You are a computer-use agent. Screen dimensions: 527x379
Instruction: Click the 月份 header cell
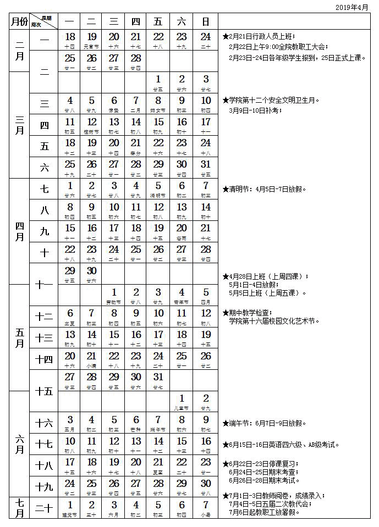(x=19, y=22)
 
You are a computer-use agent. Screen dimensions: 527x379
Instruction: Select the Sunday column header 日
(x=206, y=22)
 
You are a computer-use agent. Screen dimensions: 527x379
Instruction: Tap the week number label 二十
(x=45, y=508)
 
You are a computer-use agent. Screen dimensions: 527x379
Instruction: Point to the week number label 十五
(x=45, y=391)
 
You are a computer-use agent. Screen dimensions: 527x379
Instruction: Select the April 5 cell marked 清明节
(x=158, y=189)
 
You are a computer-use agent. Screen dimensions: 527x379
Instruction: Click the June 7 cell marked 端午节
(x=158, y=423)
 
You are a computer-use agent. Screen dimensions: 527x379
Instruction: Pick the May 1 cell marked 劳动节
(x=114, y=296)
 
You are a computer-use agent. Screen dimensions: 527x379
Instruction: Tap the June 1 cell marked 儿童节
(x=182, y=402)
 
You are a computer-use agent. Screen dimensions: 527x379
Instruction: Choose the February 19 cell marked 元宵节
(x=92, y=40)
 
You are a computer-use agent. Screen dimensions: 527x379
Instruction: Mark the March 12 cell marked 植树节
(x=92, y=125)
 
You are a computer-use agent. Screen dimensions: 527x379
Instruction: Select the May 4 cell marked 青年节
(x=182, y=296)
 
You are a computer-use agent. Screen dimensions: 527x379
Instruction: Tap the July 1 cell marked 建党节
(x=70, y=508)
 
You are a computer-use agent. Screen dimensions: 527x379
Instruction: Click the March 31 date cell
(x=206, y=168)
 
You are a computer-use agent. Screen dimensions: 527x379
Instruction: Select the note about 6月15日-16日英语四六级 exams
(x=284, y=445)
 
